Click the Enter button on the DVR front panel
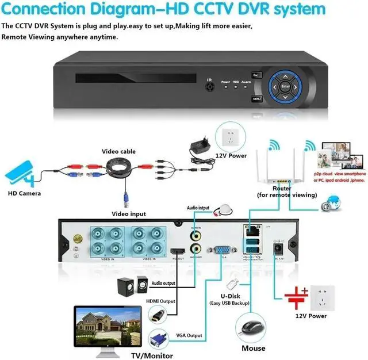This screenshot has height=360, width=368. tap(286, 86)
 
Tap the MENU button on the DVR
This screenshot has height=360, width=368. tap(257, 98)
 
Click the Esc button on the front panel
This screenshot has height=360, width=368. tap(256, 75)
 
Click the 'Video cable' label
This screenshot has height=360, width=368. tap(118, 151)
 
